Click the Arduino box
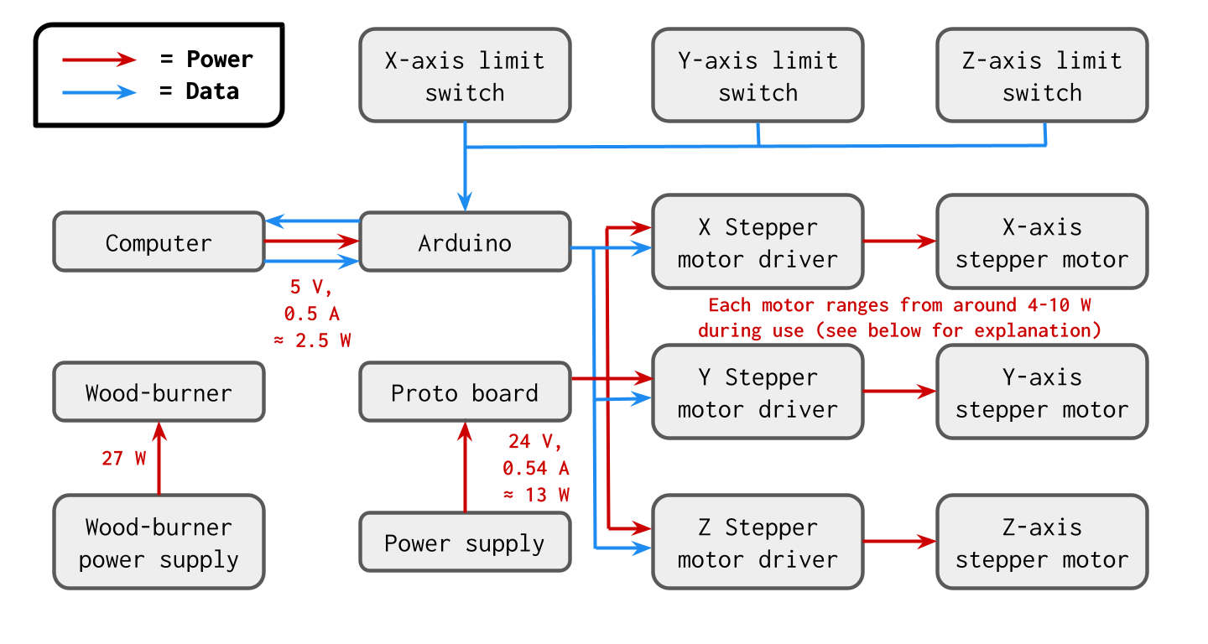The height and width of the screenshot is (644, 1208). point(465,243)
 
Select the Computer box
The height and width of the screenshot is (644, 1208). point(159,243)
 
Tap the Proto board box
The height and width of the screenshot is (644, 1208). point(465,392)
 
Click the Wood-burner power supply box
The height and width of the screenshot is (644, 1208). point(159,543)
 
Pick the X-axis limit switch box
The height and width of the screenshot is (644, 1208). point(465,75)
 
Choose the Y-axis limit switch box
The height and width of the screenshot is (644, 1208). point(758,75)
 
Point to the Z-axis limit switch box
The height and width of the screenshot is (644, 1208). point(1041,75)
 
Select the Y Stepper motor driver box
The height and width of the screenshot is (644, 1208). point(758,392)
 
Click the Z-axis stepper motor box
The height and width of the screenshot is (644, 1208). point(1041,543)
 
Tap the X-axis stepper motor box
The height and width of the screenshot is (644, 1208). point(1041,243)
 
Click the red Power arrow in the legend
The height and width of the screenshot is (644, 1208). point(99,60)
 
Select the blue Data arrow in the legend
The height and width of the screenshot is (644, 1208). point(99,91)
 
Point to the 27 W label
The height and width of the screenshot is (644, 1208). point(124,459)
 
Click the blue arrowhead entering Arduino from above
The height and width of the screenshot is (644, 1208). point(465,202)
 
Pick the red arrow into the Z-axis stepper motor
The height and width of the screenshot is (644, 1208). point(899,542)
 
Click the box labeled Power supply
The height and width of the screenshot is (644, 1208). point(465,543)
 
